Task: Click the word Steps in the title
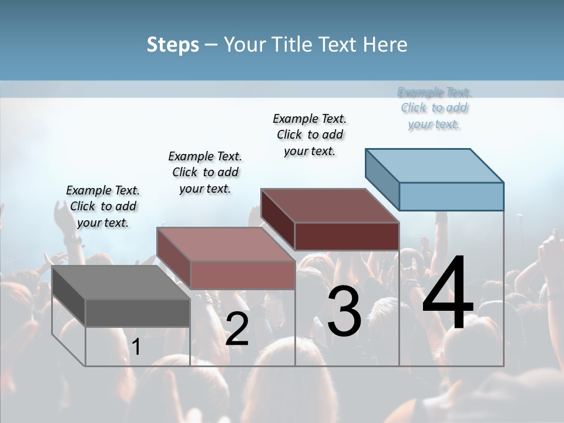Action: pyautogui.click(x=172, y=45)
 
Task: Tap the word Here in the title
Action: pyautogui.click(x=385, y=45)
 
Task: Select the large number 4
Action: pyautogui.click(x=448, y=293)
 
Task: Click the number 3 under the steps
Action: pyautogui.click(x=344, y=313)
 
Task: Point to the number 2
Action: pyautogui.click(x=237, y=329)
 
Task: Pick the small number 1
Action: pyautogui.click(x=136, y=347)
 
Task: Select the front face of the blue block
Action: pyautogui.click(x=451, y=196)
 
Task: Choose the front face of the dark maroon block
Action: pyautogui.click(x=347, y=237)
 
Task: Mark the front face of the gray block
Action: pyautogui.click(x=137, y=313)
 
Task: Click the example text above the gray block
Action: pyautogui.click(x=103, y=206)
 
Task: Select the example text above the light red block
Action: pyautogui.click(x=205, y=172)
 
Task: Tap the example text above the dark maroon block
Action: pyautogui.click(x=310, y=135)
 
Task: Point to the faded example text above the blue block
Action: pyautogui.click(x=434, y=108)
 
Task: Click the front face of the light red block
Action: pyautogui.click(x=242, y=275)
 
